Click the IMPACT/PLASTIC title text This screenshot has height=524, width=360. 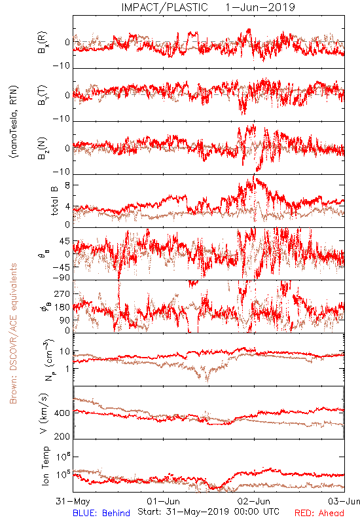tap(164, 7)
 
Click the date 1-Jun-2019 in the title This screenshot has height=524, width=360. tap(260, 7)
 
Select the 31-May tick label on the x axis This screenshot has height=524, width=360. tap(73, 501)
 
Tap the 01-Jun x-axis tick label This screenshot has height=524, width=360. tap(163, 501)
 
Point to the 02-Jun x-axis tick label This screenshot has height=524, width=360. tap(254, 501)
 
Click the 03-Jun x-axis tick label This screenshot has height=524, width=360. tap(344, 501)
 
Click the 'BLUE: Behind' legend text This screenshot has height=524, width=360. tap(101, 513)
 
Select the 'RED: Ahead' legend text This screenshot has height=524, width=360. tap(319, 513)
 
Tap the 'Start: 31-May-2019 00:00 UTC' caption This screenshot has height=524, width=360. tap(208, 512)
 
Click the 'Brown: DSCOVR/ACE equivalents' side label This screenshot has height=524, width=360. tap(13, 333)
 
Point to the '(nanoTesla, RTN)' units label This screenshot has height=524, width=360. tap(14, 122)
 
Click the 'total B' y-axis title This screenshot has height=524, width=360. tap(54, 200)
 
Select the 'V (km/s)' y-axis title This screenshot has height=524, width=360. tap(44, 413)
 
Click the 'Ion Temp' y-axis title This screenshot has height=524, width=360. tap(45, 466)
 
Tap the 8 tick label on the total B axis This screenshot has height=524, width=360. tap(67, 185)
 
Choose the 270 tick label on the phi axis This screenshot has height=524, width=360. tap(62, 293)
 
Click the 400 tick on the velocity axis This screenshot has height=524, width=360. tap(62, 413)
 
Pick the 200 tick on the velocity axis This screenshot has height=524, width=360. tap(62, 436)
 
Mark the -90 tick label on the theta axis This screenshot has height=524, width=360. tap(62, 278)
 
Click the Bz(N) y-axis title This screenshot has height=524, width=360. tap(43, 148)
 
